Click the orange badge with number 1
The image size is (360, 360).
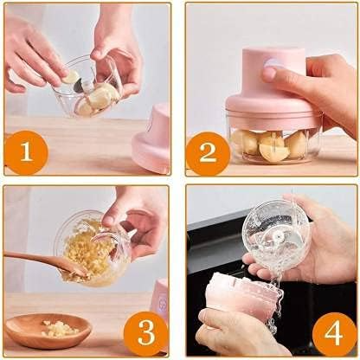pyautogui.click(x=28, y=153)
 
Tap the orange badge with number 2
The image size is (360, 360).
pyautogui.click(x=208, y=153)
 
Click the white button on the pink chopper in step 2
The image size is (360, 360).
pyautogui.click(x=270, y=63)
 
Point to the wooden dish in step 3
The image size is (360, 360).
pyautogui.click(x=48, y=331)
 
